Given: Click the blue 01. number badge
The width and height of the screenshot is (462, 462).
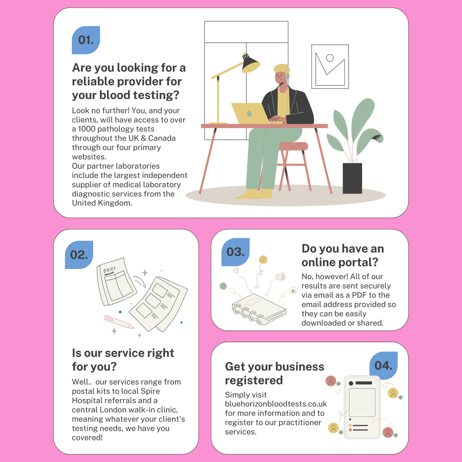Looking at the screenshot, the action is (86, 40).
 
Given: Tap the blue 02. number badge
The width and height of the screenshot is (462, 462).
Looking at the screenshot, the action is (79, 255).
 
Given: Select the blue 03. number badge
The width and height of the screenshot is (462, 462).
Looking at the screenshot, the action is (235, 252).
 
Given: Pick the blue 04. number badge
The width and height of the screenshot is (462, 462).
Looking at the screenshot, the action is (383, 365).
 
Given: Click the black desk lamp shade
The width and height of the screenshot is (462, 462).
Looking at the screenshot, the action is (251, 64).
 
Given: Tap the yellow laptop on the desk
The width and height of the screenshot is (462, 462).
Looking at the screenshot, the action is (250, 113).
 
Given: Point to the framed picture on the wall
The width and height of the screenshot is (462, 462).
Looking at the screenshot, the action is (330, 67).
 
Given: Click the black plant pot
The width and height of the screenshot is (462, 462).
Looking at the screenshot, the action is (352, 178).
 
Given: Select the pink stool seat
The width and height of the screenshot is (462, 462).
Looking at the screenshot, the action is (293, 146).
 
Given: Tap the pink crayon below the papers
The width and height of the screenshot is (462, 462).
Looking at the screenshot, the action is (119, 322).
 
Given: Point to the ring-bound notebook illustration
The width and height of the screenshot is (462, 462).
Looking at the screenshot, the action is (259, 309).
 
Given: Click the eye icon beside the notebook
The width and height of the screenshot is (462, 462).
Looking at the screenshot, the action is (293, 290).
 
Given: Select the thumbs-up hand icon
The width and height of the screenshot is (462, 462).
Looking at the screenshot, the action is (280, 277).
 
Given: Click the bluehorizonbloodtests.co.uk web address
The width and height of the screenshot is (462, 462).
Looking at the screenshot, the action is (276, 404).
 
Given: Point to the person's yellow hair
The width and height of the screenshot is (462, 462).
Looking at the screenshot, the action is (281, 69).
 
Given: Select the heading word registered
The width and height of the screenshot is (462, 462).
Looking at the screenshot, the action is (254, 380).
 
